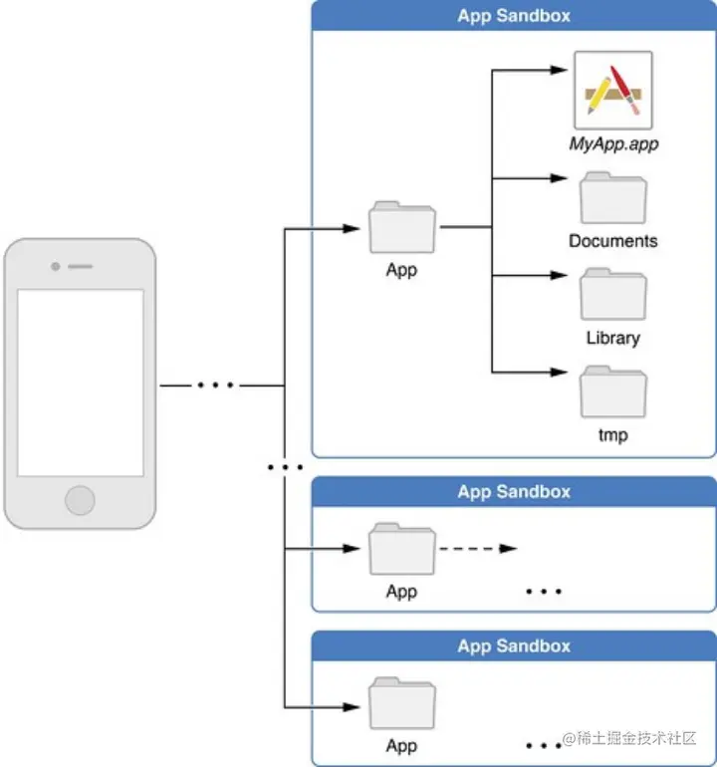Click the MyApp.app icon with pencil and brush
[x=613, y=91]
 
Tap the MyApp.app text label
[x=613, y=143]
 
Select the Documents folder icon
[x=613, y=197]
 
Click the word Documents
[x=613, y=241]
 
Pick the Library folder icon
[x=613, y=294]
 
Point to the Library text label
[x=613, y=338]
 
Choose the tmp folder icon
[x=613, y=391]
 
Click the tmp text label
[x=613, y=435]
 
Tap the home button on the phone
[x=80, y=500]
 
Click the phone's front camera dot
[x=55, y=267]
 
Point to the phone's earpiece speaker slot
[x=81, y=267]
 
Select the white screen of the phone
[x=81, y=383]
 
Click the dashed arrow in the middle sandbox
[x=478, y=548]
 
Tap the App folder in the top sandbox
[x=402, y=227]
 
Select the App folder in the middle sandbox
[x=402, y=549]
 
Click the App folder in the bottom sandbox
[x=402, y=703]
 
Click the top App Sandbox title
[x=514, y=16]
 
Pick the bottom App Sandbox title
[x=514, y=646]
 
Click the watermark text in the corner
[x=629, y=738]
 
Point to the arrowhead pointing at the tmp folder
[x=559, y=373]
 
